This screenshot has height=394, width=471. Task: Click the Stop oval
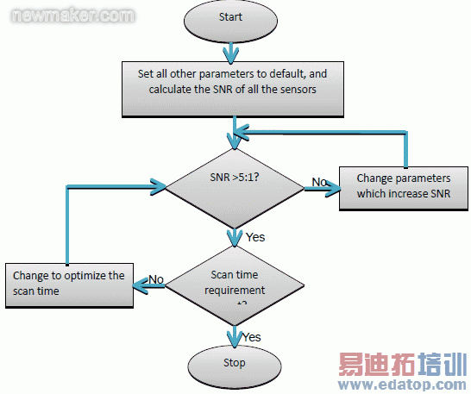233,363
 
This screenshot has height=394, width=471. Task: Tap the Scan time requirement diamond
233,283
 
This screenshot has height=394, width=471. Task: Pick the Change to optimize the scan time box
69,284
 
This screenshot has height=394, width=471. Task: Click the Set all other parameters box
232,89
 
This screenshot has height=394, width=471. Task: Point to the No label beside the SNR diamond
319,183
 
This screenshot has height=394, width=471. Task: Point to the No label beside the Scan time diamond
156,278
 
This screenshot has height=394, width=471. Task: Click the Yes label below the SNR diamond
254,237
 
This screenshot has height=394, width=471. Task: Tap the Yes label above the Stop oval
252,336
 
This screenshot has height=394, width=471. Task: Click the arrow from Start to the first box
231,51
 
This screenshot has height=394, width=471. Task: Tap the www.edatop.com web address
402,382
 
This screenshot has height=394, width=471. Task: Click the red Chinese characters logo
402,363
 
